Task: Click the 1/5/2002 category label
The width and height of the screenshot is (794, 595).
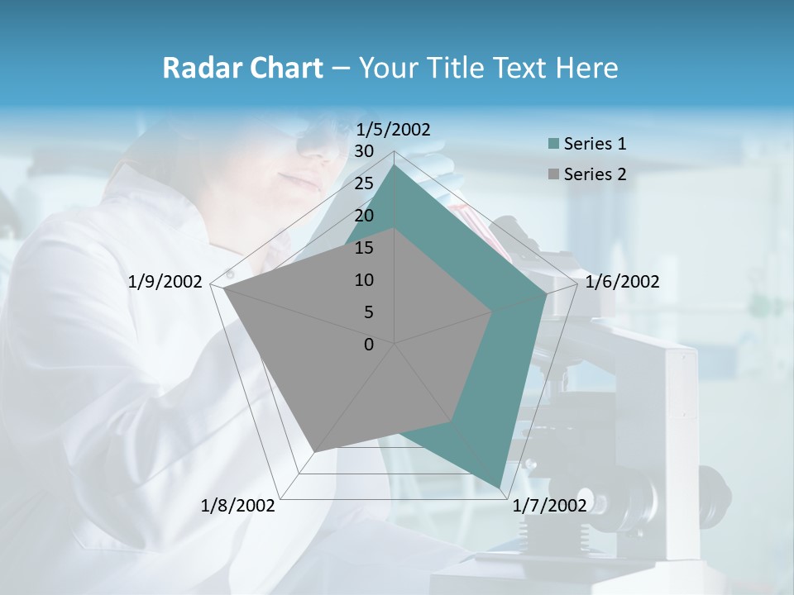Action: [x=393, y=129]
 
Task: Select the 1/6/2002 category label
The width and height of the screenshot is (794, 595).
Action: [x=622, y=282]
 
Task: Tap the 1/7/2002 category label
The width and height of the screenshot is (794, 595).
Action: [x=549, y=505]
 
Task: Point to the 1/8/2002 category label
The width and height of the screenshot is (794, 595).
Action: [x=238, y=505]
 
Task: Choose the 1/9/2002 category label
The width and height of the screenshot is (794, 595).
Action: [x=165, y=282]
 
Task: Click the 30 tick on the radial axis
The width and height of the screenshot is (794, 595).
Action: [x=364, y=151]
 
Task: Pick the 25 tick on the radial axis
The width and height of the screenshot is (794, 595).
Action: [x=364, y=183]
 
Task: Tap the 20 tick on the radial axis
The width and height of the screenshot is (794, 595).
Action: [x=364, y=216]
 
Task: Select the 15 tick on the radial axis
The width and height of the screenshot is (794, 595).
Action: [x=364, y=248]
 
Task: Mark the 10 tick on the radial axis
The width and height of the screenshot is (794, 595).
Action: [x=364, y=280]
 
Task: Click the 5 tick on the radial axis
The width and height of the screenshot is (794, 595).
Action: [x=368, y=312]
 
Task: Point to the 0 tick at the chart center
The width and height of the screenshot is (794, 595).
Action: [x=369, y=345]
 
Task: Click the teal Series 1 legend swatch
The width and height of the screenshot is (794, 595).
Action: [x=553, y=145]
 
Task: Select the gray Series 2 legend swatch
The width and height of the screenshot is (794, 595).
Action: [x=553, y=174]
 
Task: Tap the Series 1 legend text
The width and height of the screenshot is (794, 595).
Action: [x=595, y=144]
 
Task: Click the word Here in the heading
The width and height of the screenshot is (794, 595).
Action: [x=586, y=68]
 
